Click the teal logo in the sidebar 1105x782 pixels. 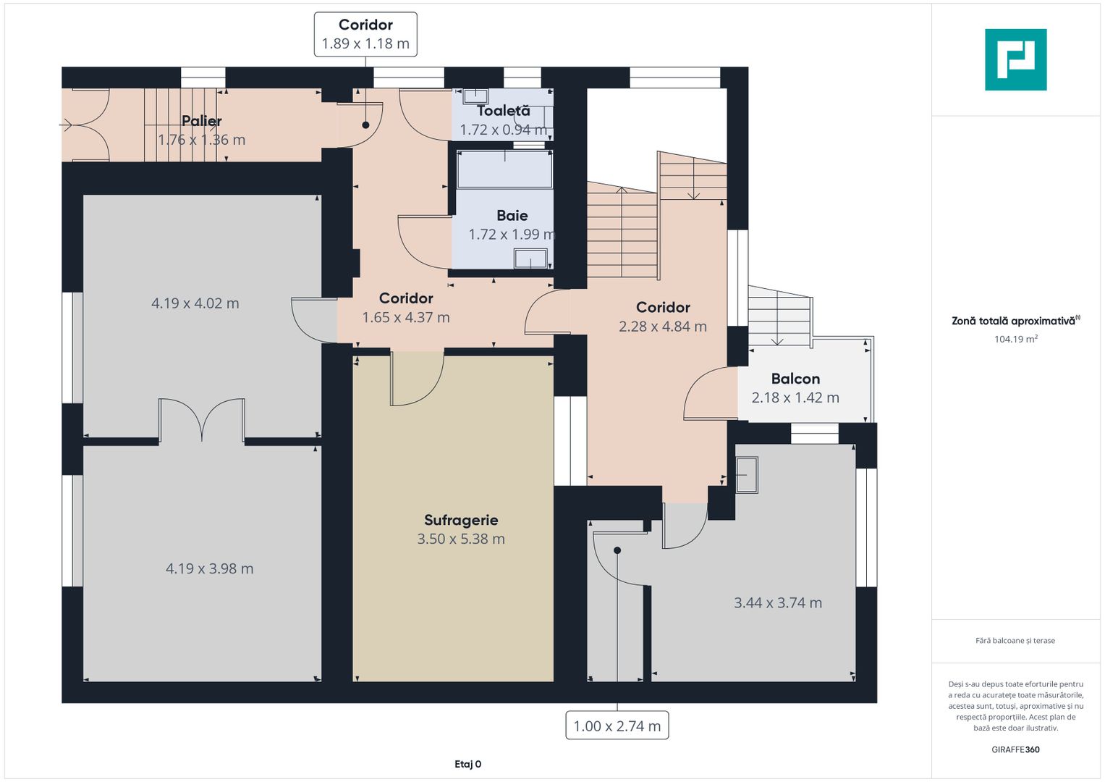tap(1016, 59)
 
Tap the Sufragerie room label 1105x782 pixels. tap(461, 520)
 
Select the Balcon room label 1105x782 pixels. tap(796, 379)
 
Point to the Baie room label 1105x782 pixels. tap(512, 215)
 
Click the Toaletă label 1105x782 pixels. tap(504, 111)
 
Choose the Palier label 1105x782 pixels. tap(201, 120)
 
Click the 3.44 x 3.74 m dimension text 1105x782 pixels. tap(778, 602)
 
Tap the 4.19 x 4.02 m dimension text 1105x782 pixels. tap(195, 303)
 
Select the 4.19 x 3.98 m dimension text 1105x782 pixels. tap(210, 568)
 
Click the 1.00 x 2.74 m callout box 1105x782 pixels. tap(617, 726)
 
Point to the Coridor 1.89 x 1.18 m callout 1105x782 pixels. tap(365, 35)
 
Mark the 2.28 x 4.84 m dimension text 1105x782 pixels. tap(663, 327)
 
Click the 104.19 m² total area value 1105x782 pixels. tap(1016, 339)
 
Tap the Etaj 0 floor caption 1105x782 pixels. tap(467, 764)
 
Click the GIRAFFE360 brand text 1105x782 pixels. tap(1016, 749)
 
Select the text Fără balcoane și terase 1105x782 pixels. tap(1015, 640)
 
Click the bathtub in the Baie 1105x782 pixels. tap(504, 169)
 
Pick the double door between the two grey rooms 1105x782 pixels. tap(202, 420)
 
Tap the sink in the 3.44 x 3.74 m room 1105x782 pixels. tap(747, 475)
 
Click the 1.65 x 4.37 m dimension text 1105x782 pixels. tap(406, 317)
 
